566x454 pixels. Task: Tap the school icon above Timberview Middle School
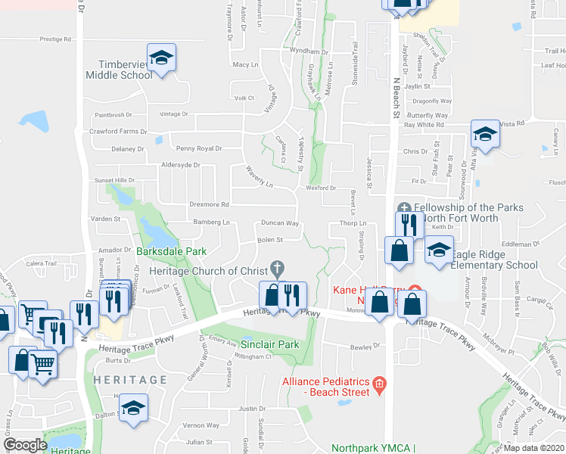[161, 58]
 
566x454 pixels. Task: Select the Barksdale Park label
[172, 250]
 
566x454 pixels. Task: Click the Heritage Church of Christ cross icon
[278, 268]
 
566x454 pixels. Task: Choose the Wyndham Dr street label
[310, 51]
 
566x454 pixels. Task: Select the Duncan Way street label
[280, 224]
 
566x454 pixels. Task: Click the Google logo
[25, 445]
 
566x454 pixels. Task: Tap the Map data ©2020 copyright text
[533, 448]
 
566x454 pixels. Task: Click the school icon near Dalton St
[133, 408]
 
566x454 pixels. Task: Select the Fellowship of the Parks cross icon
[404, 207]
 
